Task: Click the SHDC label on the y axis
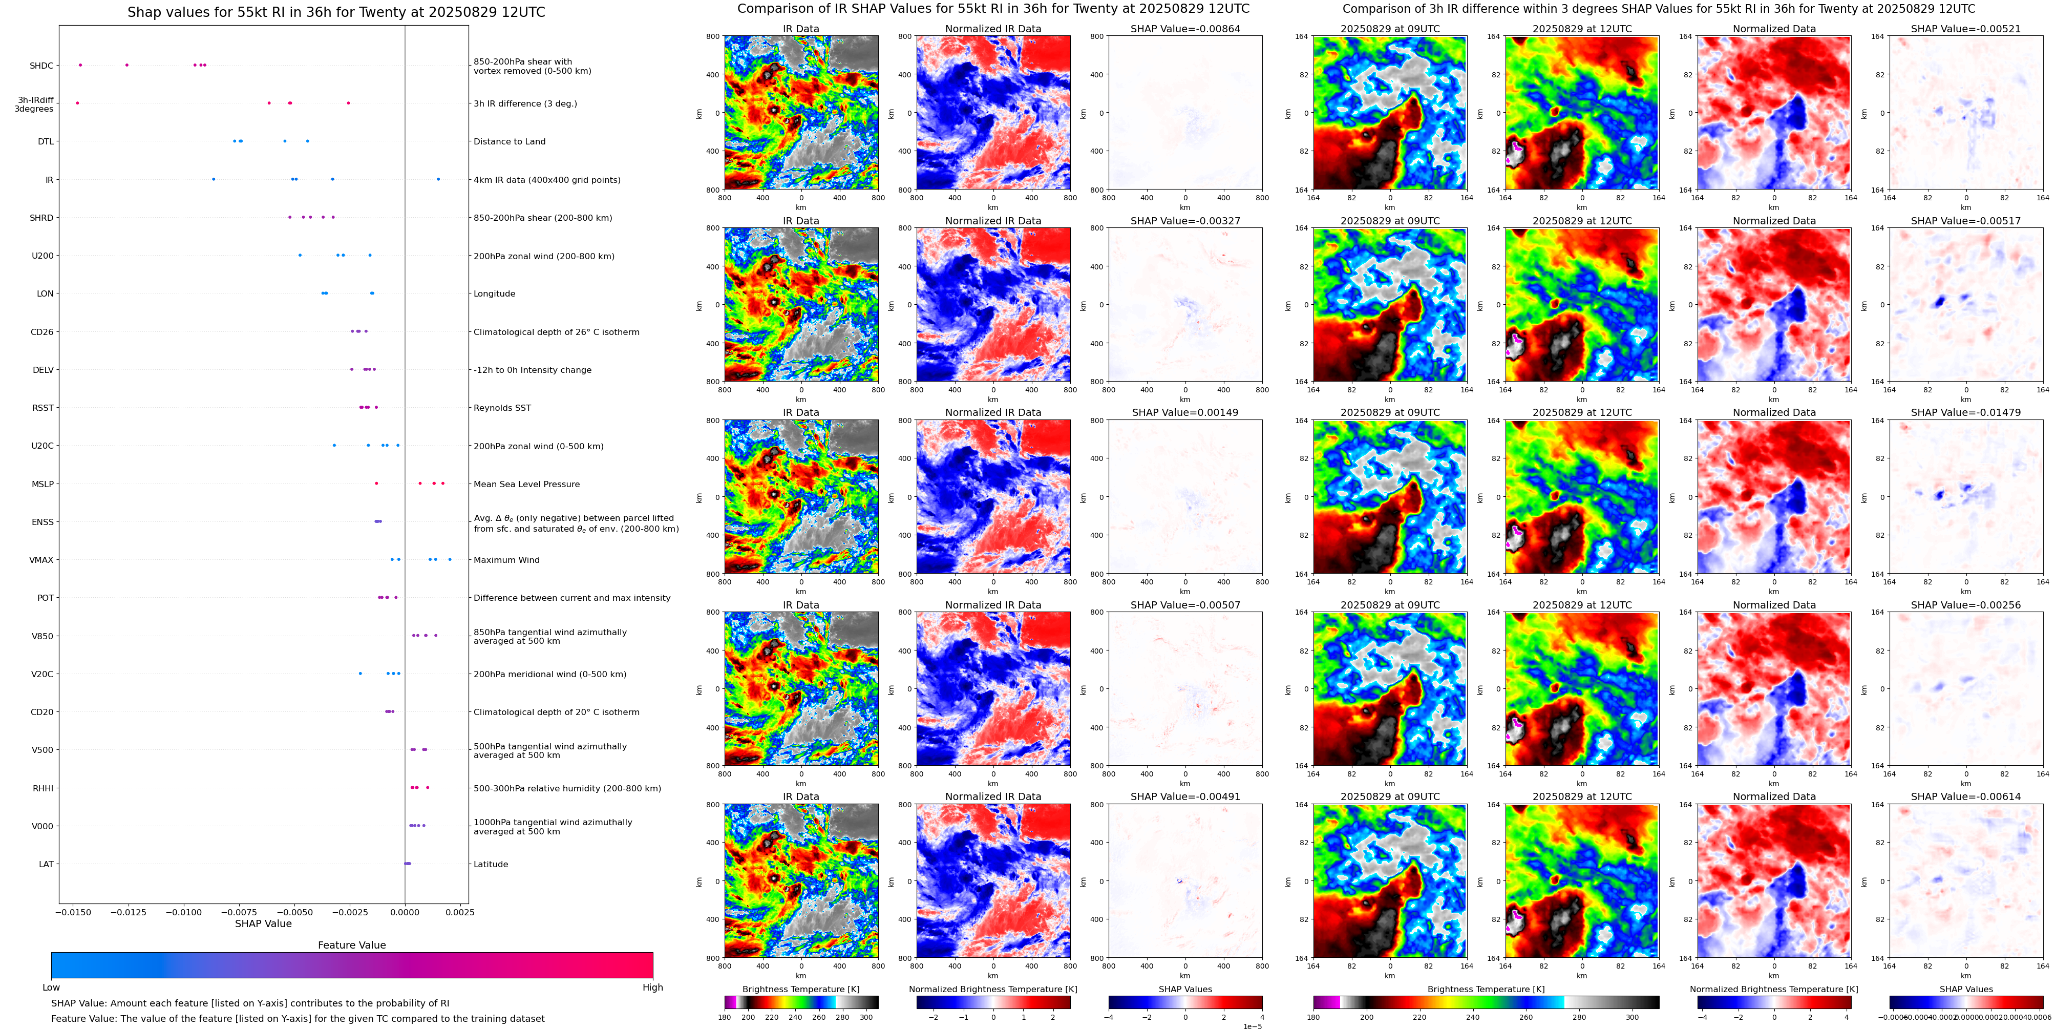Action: point(41,66)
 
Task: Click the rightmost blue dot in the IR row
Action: point(438,179)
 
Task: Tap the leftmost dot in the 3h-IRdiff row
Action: point(77,103)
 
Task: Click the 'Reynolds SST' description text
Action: point(502,408)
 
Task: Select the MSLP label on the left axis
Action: point(43,484)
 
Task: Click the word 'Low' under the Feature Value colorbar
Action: point(51,988)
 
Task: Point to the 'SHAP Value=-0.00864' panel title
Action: point(1185,29)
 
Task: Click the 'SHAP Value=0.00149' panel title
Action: point(1185,413)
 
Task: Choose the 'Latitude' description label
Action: point(491,864)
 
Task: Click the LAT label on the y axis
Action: point(46,864)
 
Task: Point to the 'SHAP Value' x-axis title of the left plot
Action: point(263,923)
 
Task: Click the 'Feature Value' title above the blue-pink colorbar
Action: point(351,945)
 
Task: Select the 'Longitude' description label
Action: point(494,294)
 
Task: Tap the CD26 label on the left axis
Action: point(43,332)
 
